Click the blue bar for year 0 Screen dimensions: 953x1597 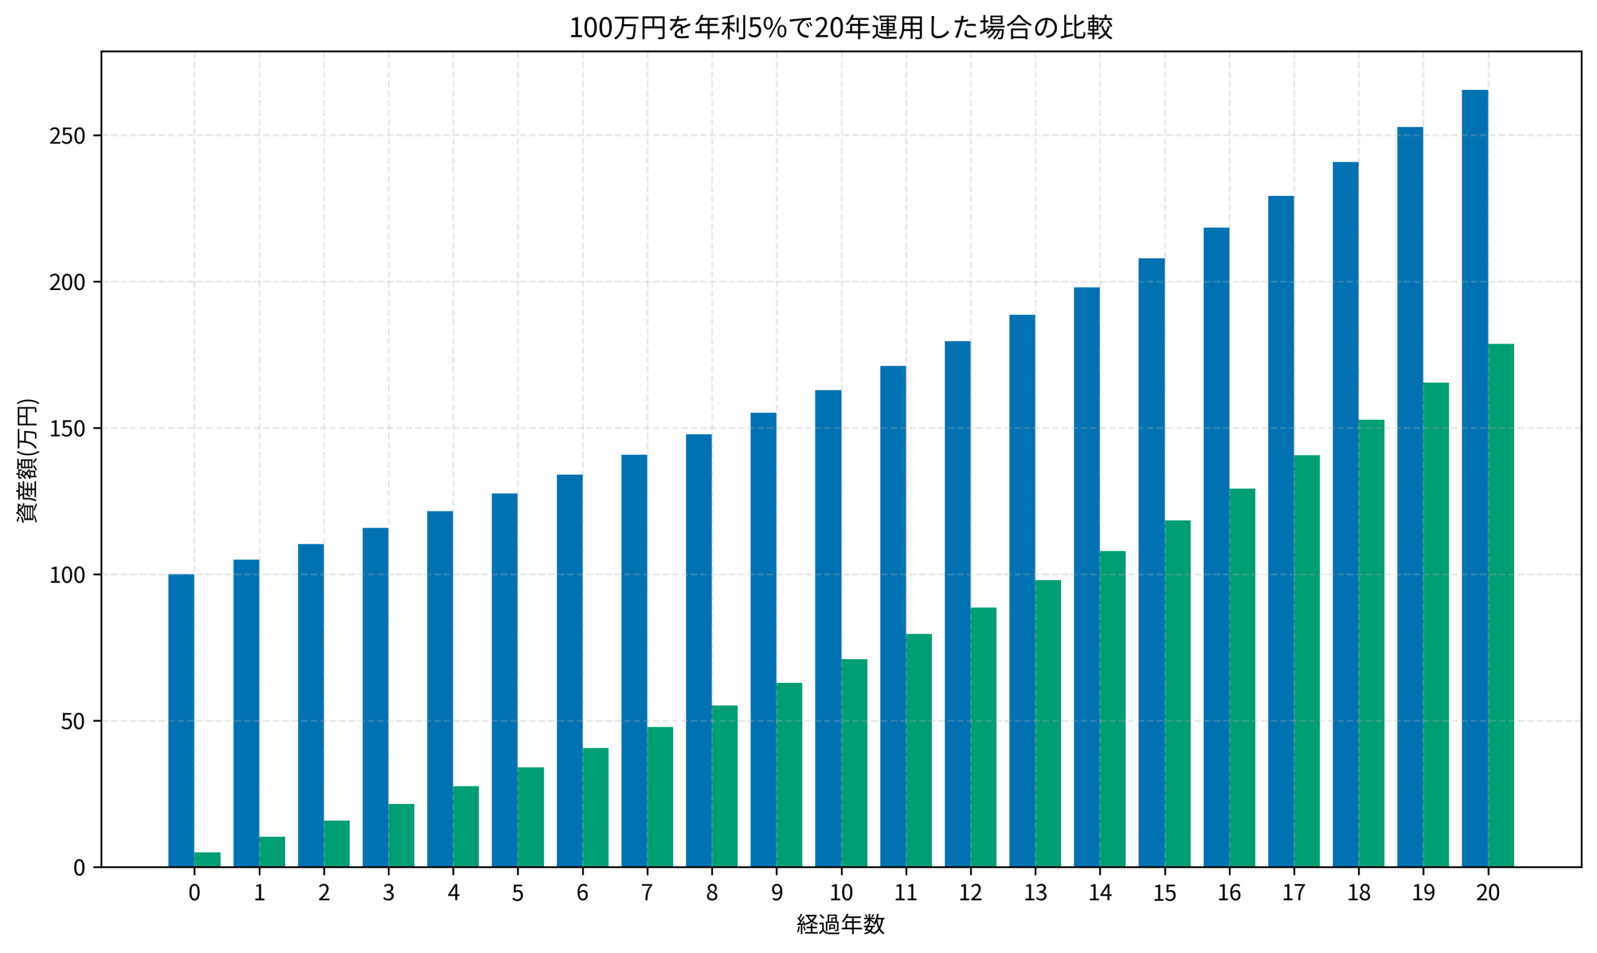[181, 720]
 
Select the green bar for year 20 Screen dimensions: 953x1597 [1501, 606]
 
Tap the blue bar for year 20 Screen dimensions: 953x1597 [1474, 478]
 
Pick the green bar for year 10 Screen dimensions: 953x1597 [854, 763]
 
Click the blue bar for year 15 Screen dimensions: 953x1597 [1152, 563]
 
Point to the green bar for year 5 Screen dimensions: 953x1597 [530, 817]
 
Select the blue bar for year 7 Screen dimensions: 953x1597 [634, 661]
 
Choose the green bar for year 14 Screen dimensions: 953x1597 [1113, 709]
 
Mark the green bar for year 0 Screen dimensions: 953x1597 [207, 860]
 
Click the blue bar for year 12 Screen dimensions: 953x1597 [958, 604]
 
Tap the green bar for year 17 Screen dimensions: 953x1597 [1307, 662]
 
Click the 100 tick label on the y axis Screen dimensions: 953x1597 [67, 576]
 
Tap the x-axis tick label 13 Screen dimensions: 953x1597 [1035, 893]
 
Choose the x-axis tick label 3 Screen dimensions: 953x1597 [389, 893]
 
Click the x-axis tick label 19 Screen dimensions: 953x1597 [1423, 893]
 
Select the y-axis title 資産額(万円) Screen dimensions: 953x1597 [27, 460]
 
